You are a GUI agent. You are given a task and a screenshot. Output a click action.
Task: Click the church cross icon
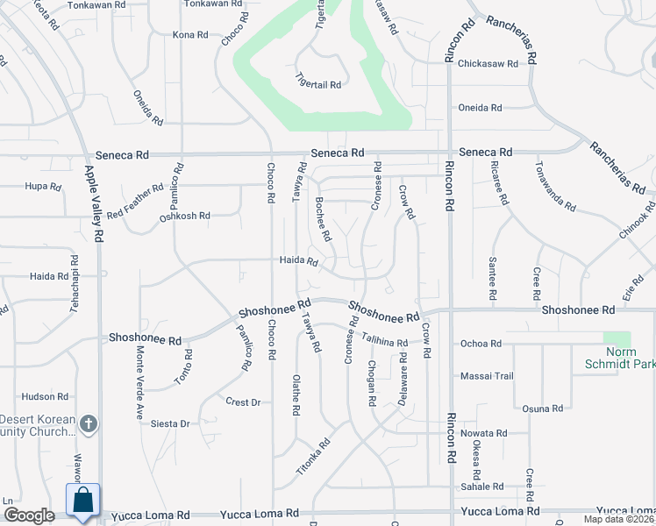pyautogui.click(x=88, y=424)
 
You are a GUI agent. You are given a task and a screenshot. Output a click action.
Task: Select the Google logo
pyautogui.click(x=29, y=515)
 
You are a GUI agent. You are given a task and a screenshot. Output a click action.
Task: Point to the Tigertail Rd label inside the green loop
pyautogui.click(x=317, y=84)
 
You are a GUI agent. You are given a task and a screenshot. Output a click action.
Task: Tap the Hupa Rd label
pyautogui.click(x=43, y=187)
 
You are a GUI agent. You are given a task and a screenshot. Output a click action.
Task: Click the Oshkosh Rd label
pyautogui.click(x=185, y=216)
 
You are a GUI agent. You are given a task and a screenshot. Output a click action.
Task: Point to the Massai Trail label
pyautogui.click(x=488, y=376)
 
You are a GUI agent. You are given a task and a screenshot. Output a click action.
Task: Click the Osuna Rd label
pyautogui.click(x=542, y=409)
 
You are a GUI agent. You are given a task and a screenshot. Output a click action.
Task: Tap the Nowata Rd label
pyautogui.click(x=484, y=433)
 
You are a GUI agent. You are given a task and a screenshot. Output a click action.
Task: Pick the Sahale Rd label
pyautogui.click(x=482, y=487)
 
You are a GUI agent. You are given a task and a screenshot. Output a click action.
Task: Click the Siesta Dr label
pyautogui.click(x=171, y=424)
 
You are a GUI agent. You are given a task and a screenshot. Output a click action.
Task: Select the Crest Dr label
pyautogui.click(x=243, y=402)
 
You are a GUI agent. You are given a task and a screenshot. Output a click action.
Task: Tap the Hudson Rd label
pyautogui.click(x=39, y=396)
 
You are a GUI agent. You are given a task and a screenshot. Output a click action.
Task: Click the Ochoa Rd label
pyautogui.click(x=481, y=344)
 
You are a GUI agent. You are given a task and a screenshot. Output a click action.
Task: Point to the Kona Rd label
pyautogui.click(x=190, y=36)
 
